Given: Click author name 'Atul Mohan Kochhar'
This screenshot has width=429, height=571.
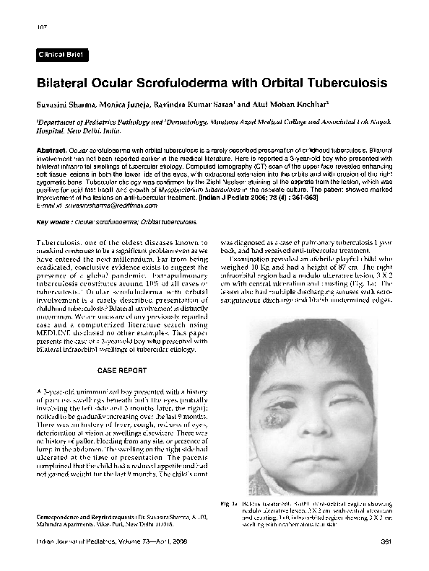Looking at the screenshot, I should [x=290, y=105].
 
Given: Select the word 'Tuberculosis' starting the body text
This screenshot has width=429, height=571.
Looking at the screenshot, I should [x=61, y=244].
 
